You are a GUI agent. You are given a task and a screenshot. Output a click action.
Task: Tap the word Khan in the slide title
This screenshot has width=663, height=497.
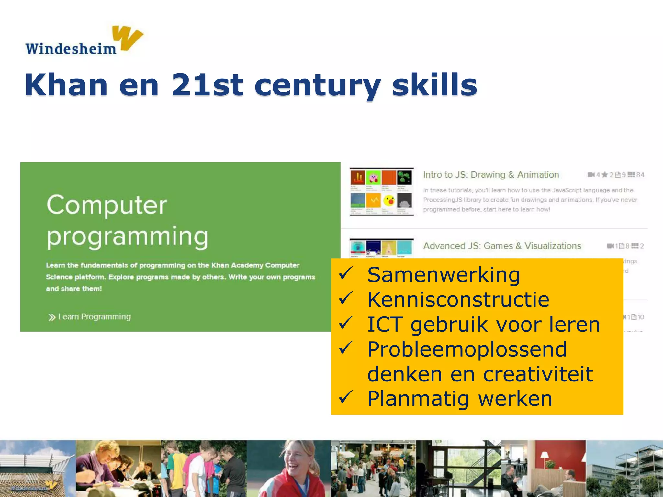point(66,85)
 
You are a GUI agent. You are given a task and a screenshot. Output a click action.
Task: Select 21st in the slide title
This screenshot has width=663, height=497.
point(207,85)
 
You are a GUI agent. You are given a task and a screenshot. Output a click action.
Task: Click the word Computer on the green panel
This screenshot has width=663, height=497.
point(107,205)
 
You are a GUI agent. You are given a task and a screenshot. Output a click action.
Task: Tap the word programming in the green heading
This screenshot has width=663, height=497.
point(128,237)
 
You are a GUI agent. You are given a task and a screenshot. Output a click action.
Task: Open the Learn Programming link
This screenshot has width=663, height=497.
point(94,317)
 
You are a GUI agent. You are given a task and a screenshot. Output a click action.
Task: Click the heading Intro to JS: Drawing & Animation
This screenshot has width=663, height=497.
point(491,175)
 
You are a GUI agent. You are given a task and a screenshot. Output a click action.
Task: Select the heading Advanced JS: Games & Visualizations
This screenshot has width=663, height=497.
point(502,246)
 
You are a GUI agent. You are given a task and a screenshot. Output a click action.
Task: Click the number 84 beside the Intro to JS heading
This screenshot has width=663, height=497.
point(640,175)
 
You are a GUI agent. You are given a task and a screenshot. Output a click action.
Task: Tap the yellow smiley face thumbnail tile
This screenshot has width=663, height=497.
point(389,201)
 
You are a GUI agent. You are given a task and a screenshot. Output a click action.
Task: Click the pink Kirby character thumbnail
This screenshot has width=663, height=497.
point(374,177)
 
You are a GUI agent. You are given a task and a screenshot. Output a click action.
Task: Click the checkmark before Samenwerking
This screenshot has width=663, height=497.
point(345,274)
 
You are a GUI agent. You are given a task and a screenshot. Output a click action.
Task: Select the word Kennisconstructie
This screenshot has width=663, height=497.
point(458,299)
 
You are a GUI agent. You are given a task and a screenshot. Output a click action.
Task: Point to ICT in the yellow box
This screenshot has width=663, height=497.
point(385,325)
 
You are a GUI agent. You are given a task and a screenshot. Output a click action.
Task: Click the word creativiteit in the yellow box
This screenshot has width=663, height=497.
point(538,374)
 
